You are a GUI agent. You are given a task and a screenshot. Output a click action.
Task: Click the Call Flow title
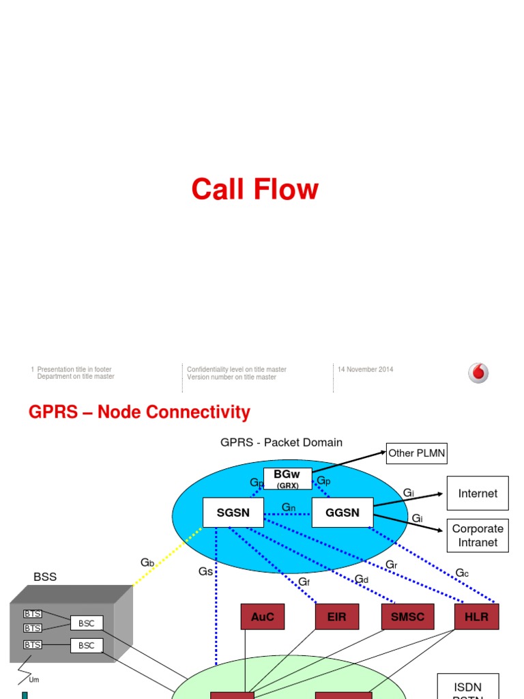254,189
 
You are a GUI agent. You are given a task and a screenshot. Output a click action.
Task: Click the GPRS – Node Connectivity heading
139,412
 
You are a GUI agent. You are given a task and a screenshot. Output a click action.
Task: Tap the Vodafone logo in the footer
478,373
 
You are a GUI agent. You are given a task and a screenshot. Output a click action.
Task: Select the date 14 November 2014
366,369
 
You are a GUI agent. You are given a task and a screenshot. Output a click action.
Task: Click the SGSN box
233,513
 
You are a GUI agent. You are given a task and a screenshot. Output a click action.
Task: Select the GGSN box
342,513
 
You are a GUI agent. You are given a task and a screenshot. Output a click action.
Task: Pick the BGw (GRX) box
287,478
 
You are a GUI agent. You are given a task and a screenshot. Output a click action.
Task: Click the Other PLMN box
417,453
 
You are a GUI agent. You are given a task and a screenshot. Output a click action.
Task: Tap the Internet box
478,493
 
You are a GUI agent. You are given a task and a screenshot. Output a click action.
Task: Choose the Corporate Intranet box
478,536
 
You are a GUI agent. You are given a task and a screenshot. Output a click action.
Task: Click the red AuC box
262,616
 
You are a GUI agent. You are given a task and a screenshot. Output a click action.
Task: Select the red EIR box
336,616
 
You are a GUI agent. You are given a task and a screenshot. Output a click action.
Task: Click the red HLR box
476,616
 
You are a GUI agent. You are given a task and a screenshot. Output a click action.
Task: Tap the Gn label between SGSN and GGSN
289,508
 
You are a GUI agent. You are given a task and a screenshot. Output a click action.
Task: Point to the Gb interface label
147,562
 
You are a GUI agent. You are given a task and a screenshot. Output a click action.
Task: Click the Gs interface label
205,571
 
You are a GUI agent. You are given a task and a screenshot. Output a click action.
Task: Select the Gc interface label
462,573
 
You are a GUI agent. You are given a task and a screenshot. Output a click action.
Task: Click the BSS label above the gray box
45,577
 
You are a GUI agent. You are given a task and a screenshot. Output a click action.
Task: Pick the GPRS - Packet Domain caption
281,442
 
